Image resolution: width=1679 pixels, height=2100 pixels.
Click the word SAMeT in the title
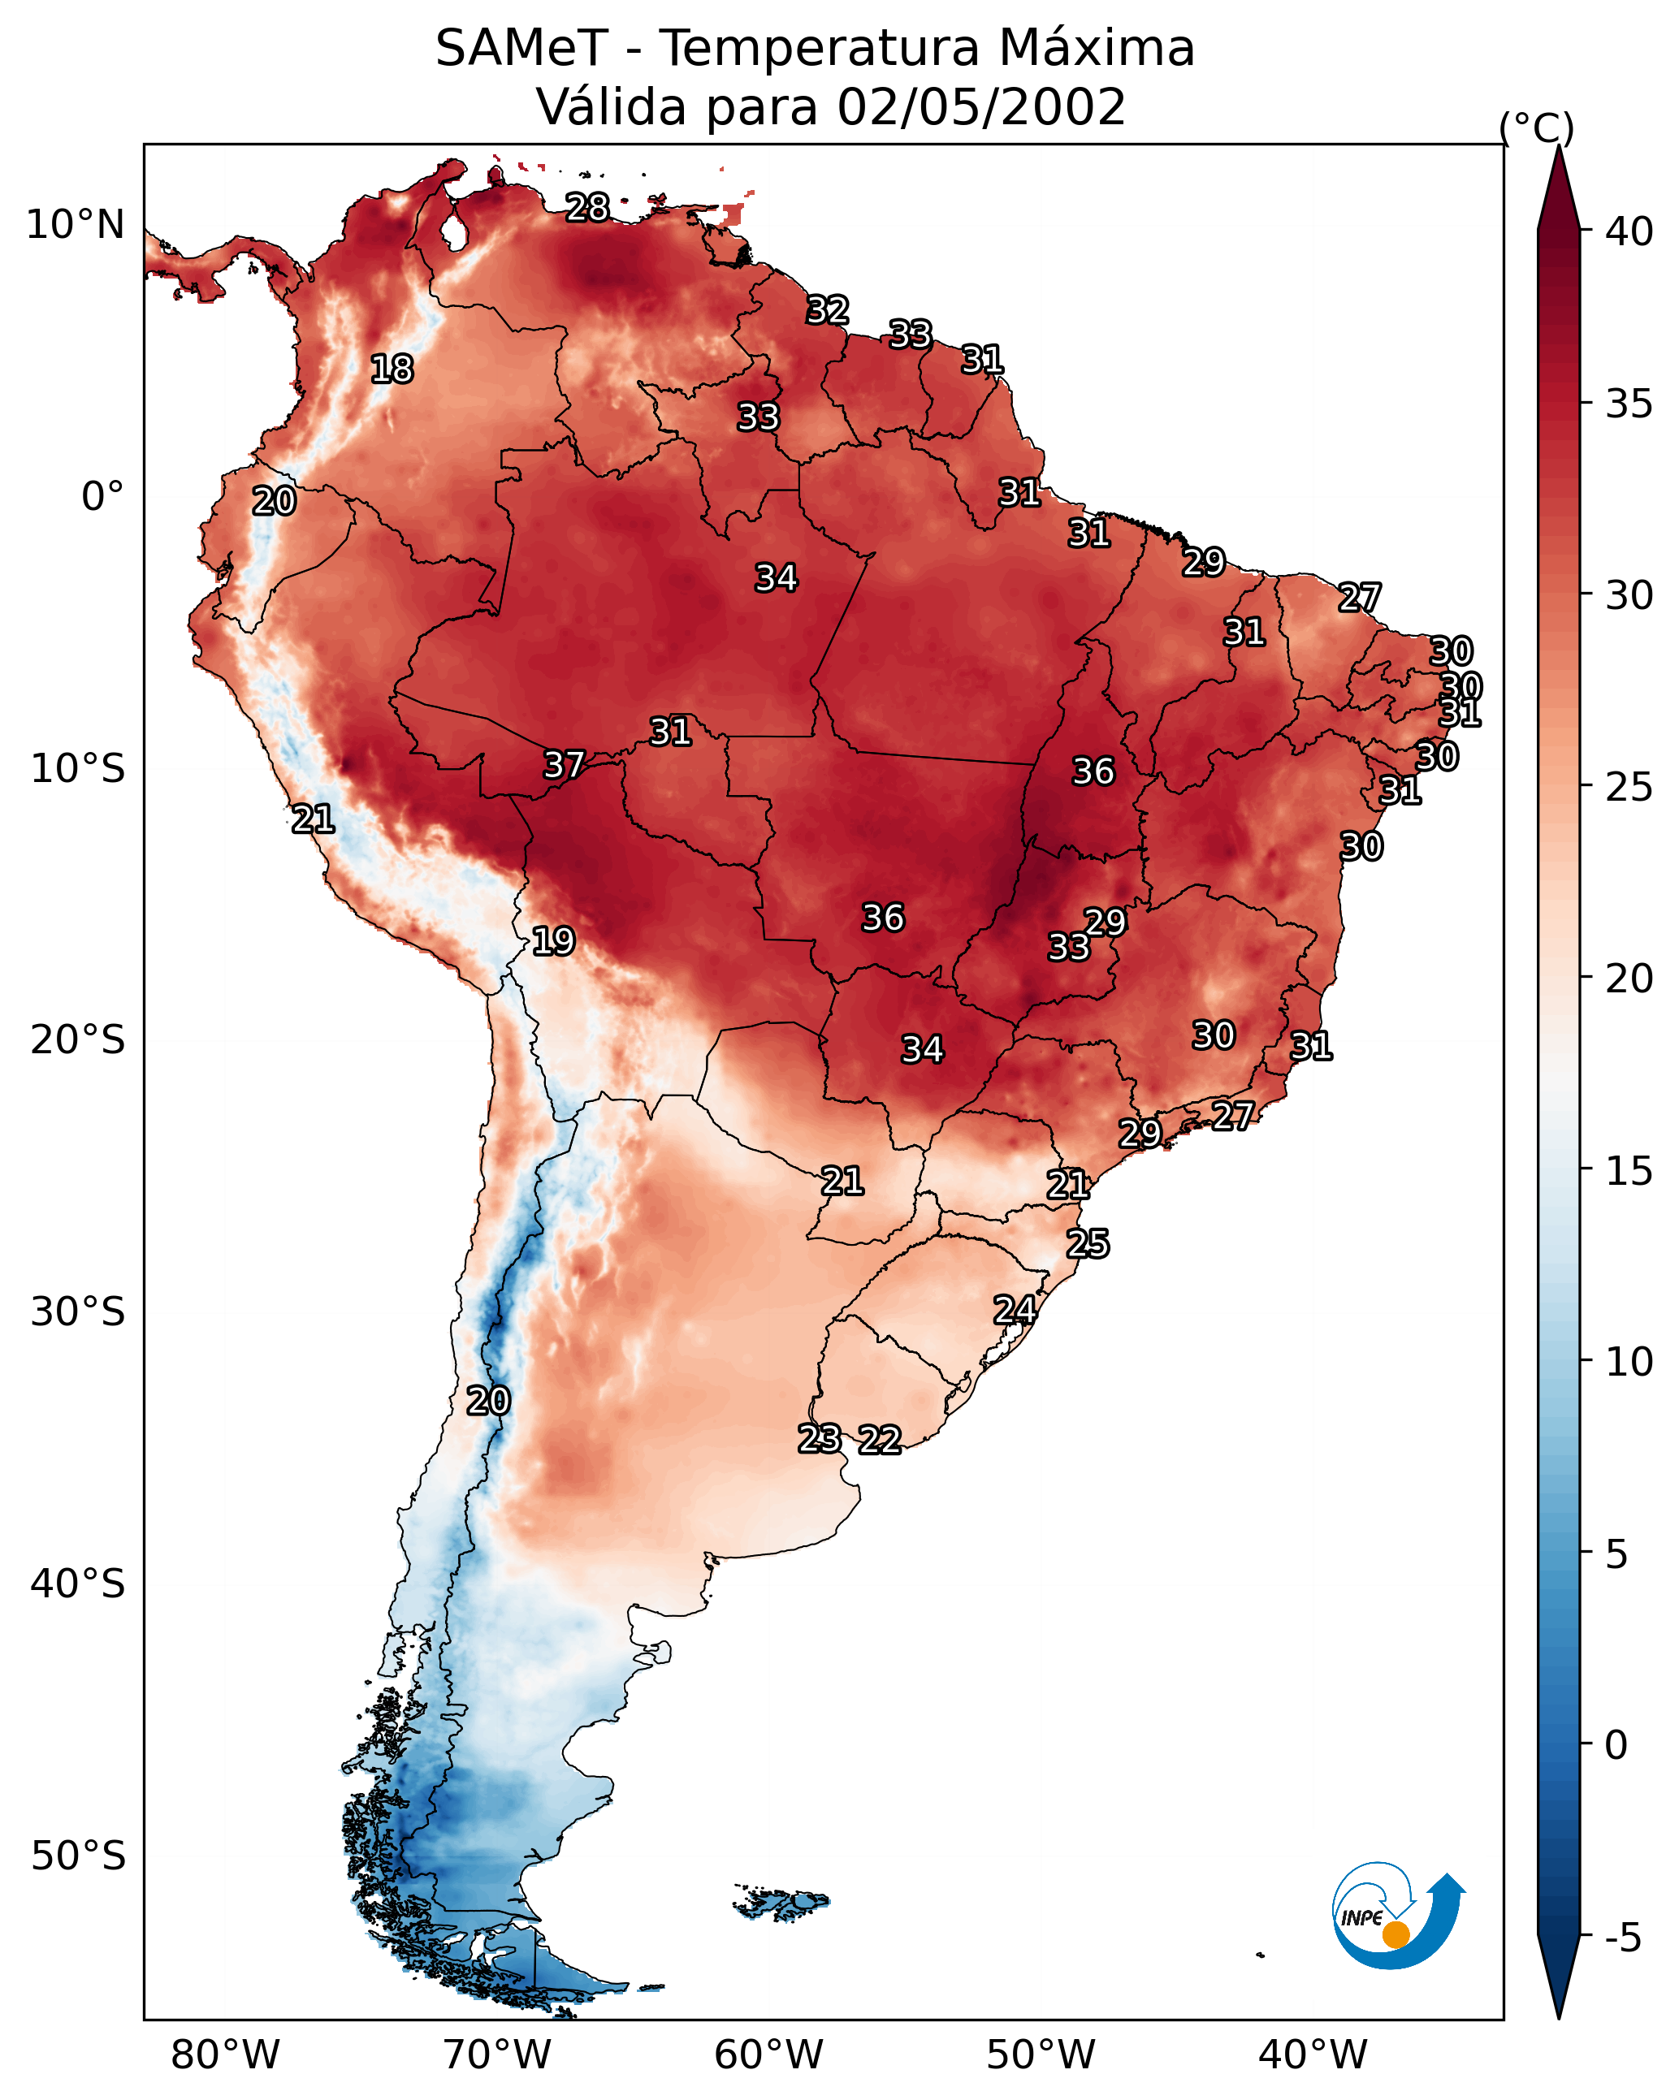pos(521,49)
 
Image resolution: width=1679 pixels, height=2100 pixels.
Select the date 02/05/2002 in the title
pos(981,107)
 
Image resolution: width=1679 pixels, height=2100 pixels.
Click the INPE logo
pos(1399,1916)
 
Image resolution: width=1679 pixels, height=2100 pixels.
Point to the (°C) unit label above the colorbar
pos(1537,127)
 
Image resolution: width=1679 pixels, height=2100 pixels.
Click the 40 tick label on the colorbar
pos(1629,231)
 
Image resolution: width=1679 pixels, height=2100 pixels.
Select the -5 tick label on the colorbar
pos(1624,1938)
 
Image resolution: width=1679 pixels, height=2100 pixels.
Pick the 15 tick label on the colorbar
pos(1629,1171)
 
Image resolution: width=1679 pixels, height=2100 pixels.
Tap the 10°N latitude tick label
pos(75,225)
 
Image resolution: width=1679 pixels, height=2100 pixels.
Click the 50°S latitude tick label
pos(78,1856)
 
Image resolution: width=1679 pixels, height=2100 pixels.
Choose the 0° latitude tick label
pos(103,497)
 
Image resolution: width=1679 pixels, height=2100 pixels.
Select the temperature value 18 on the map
pos(392,369)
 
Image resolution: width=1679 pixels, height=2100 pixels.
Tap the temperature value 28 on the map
pos(587,207)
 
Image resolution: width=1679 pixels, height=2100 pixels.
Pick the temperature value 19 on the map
pos(553,941)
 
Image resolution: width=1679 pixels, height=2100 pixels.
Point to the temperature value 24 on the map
pos(1015,1310)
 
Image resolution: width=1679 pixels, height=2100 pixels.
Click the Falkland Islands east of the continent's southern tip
pos(781,1903)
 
